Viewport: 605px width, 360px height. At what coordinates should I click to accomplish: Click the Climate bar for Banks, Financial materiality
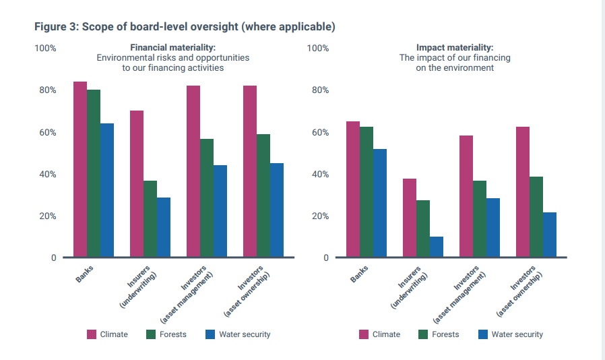click(80, 169)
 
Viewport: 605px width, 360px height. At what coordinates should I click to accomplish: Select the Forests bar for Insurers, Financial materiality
click(150, 218)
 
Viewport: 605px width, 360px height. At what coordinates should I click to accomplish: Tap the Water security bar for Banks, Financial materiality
click(107, 190)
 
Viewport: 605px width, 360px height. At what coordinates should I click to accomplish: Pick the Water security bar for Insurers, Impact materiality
click(437, 247)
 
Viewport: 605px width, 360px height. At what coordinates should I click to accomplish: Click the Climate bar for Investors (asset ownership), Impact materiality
click(523, 192)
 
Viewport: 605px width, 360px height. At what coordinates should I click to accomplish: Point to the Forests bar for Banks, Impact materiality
click(367, 192)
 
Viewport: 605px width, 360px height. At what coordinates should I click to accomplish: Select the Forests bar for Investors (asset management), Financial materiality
click(207, 198)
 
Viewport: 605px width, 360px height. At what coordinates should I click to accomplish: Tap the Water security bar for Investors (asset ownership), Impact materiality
click(550, 235)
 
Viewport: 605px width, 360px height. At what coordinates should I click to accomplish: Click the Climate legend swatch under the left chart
click(92, 334)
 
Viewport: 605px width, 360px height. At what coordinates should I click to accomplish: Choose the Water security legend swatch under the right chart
click(482, 334)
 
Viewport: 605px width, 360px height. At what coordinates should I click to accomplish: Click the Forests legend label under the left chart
click(173, 334)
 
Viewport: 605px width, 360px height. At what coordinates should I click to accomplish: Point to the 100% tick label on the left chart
click(46, 49)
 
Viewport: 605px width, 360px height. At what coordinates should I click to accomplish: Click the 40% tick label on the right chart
click(320, 174)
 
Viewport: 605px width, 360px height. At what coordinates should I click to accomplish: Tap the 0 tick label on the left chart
click(54, 258)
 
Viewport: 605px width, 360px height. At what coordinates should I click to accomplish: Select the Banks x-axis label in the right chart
click(359, 274)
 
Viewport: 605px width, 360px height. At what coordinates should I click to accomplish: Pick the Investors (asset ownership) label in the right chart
click(519, 291)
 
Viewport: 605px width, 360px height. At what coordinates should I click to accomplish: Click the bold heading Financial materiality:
click(173, 47)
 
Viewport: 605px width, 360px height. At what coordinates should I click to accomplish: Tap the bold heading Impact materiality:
click(455, 47)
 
